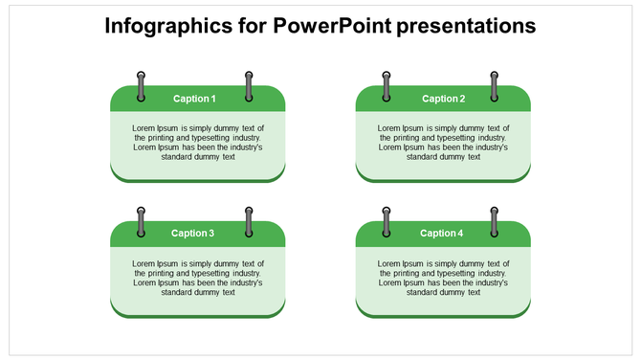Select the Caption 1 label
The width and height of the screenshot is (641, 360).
(x=194, y=99)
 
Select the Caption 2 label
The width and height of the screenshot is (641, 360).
(x=443, y=99)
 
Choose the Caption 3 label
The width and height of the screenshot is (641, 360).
(x=192, y=233)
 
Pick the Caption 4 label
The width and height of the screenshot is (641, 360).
(x=441, y=233)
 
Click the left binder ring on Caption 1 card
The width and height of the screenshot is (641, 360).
(x=142, y=86)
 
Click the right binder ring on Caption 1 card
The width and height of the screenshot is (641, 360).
(x=249, y=86)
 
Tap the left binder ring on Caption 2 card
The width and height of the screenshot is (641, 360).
(x=387, y=86)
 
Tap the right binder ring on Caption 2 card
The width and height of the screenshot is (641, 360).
(x=495, y=86)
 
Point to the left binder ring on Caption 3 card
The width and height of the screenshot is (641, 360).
(x=142, y=221)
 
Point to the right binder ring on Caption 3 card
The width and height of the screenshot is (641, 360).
(x=249, y=221)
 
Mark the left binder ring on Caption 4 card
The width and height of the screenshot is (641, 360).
(x=387, y=221)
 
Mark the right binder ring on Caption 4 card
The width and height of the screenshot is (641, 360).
(x=495, y=221)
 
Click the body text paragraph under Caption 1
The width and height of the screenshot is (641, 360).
(x=197, y=143)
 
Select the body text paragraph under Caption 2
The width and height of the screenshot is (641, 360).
(x=443, y=143)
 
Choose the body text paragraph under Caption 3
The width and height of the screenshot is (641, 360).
(x=197, y=278)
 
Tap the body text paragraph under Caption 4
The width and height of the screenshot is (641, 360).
(x=443, y=278)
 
